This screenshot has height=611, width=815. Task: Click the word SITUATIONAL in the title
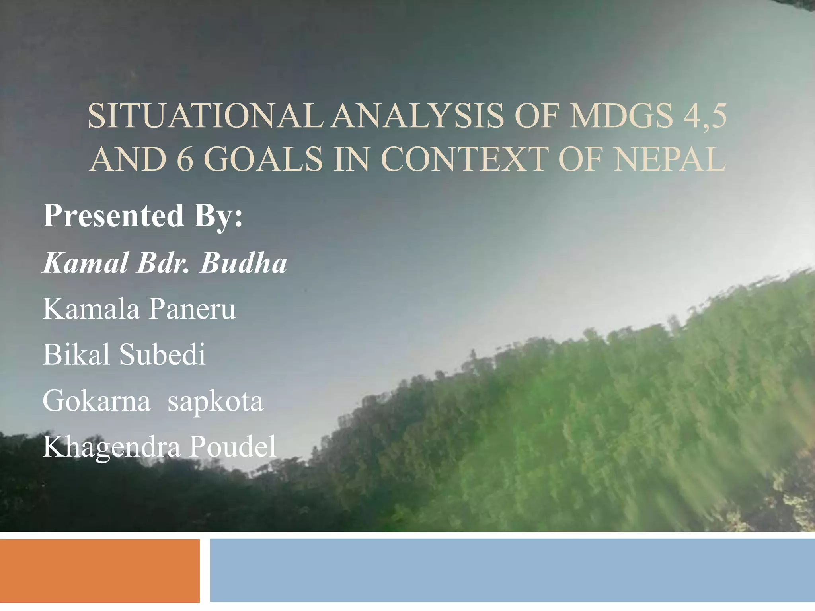[205, 116]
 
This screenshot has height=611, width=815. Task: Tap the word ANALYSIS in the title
[418, 116]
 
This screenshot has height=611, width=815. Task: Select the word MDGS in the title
[621, 116]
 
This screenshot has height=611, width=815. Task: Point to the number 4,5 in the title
[705, 116]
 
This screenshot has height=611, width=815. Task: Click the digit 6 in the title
[184, 159]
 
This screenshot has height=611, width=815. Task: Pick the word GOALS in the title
[263, 159]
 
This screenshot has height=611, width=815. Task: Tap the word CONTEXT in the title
[464, 159]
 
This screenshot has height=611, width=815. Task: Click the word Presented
[113, 216]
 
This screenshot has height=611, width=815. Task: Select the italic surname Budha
[243, 263]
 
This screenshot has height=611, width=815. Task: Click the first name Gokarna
[97, 401]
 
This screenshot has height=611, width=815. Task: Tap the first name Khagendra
[111, 447]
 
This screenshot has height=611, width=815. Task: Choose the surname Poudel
[232, 446]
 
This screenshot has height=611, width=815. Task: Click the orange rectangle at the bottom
[99, 571]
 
